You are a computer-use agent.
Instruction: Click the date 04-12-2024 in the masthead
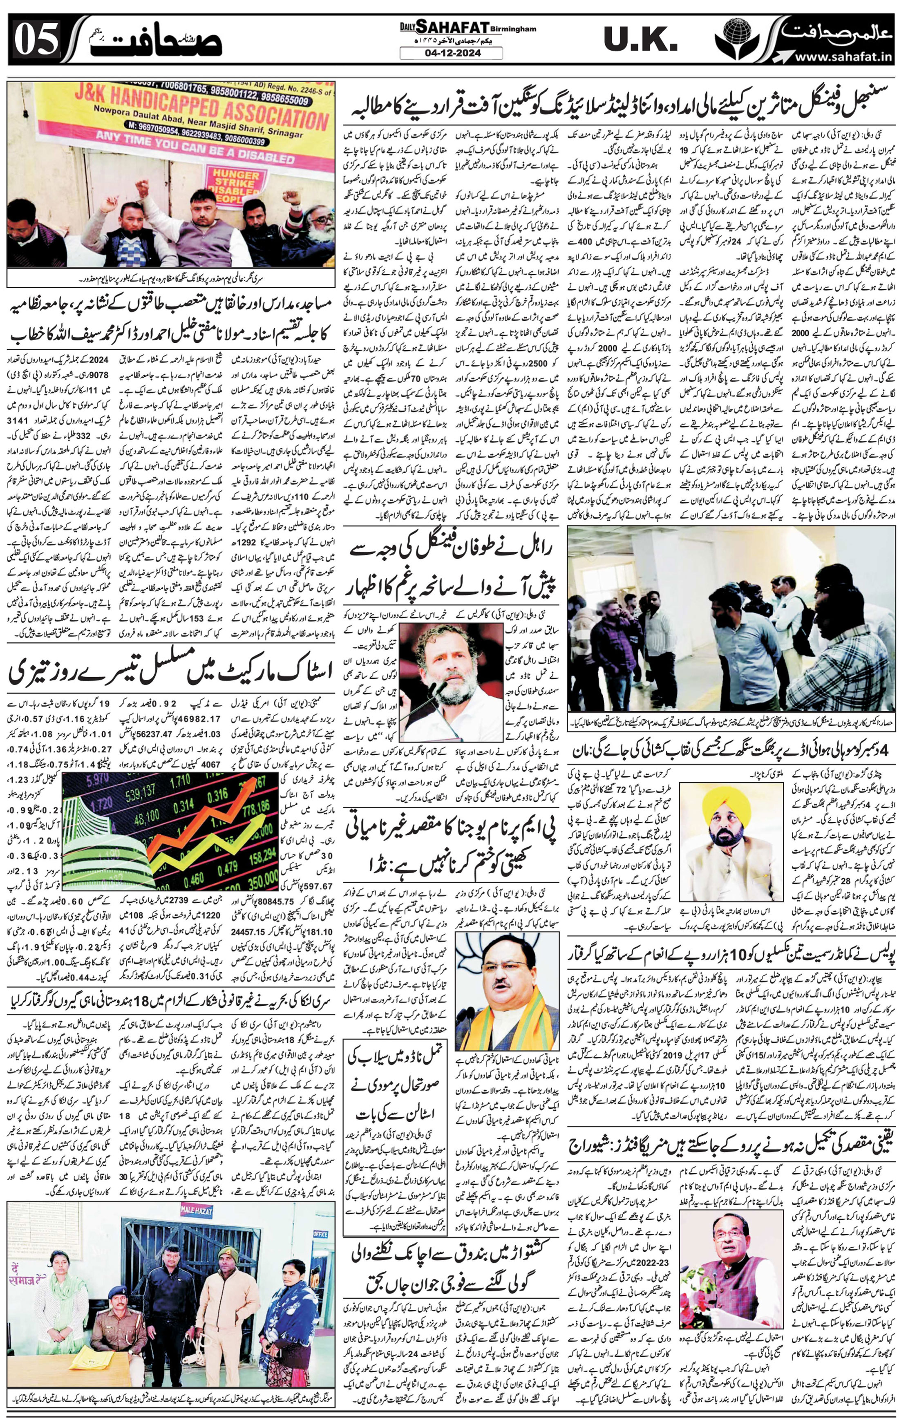pos(451,53)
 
